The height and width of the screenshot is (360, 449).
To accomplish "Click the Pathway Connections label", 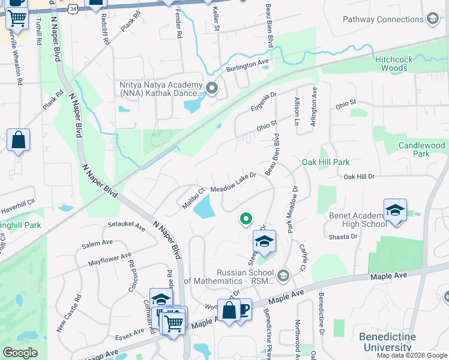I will [383, 20].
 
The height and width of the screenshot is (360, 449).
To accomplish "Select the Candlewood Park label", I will [422, 149].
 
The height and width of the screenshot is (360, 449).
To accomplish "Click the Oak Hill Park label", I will [325, 162].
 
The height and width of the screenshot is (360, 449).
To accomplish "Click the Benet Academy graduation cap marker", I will [395, 210].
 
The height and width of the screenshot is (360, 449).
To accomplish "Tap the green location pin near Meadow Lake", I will [245, 219].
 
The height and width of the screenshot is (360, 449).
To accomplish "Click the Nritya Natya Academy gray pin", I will [211, 89].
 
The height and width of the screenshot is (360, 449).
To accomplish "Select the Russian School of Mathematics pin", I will [283, 276].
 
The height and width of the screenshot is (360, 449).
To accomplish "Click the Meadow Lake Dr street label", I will [234, 181].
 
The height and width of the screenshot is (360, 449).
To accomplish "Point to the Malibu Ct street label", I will [193, 199].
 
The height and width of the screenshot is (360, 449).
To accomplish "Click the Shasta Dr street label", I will [343, 236].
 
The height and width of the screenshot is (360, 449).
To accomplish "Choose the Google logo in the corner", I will [20, 353].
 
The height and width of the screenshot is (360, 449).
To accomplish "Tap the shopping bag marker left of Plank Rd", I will [19, 141].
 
